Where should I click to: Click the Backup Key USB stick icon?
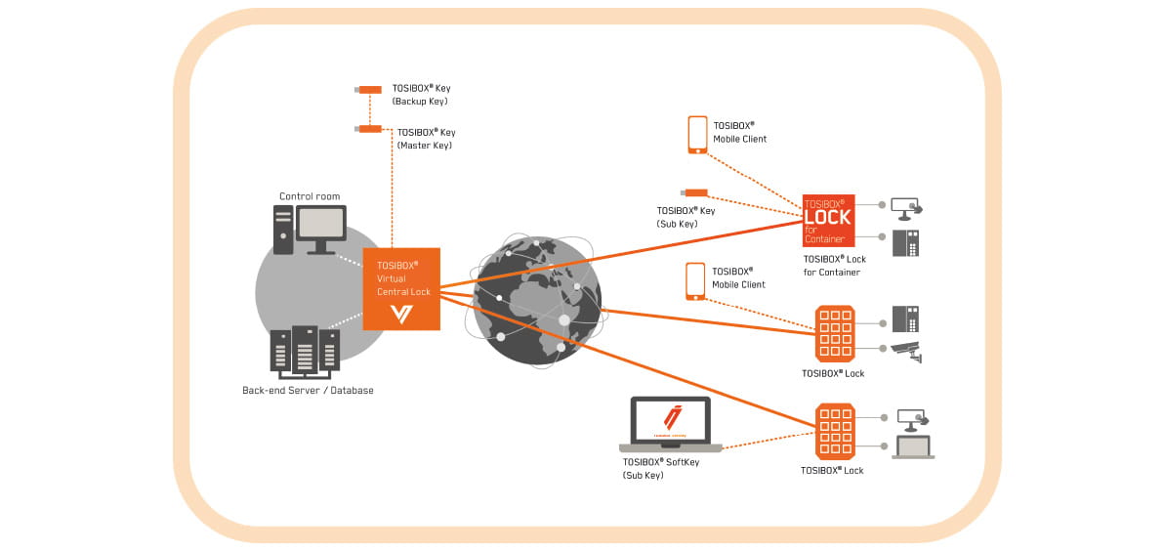pos(368,90)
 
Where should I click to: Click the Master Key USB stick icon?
pos(369,129)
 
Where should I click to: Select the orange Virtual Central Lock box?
pos(401,288)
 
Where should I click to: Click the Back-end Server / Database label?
pos(308,391)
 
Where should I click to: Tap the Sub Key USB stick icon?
pos(694,193)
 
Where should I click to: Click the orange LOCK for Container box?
pos(828,221)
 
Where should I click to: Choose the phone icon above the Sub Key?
pos(697,135)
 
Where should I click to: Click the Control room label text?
pos(310,196)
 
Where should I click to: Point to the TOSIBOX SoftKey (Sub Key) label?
pos(660,469)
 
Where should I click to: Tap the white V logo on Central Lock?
pos(401,314)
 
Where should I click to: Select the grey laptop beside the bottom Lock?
pos(914,447)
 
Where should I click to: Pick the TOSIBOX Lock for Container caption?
pos(834,266)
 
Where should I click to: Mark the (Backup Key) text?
pos(419,102)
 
